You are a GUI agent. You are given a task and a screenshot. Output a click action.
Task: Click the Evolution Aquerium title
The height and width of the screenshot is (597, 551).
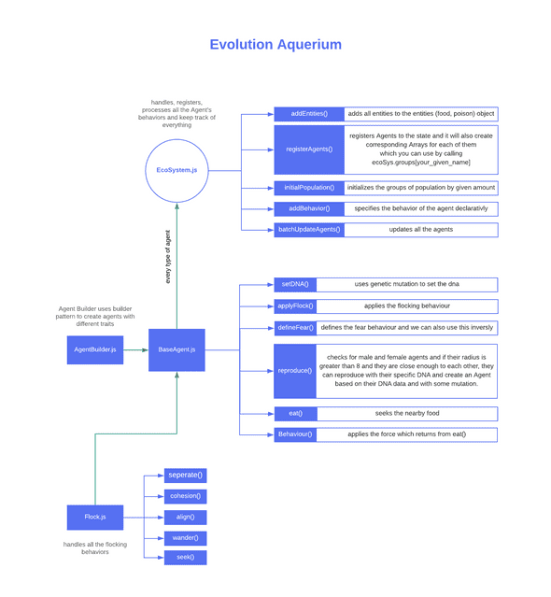click(275, 44)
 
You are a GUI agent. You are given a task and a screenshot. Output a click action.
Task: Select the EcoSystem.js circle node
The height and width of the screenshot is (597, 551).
click(177, 170)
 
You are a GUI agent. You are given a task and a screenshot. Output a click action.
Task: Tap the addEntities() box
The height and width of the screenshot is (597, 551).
click(308, 114)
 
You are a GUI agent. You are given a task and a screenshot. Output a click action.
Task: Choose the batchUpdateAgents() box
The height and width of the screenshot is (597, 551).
click(308, 229)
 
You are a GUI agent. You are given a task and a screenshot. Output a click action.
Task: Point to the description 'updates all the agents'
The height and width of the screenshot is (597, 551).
click(421, 229)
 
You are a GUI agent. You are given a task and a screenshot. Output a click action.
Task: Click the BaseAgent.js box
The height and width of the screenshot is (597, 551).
click(177, 349)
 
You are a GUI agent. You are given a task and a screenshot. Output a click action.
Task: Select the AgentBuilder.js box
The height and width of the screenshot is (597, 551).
click(94, 349)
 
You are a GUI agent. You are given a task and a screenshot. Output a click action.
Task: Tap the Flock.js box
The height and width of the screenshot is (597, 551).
click(94, 517)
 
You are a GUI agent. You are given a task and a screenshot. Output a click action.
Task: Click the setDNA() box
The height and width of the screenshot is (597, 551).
click(295, 284)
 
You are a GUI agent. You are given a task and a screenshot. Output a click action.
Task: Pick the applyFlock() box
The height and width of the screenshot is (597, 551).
click(295, 306)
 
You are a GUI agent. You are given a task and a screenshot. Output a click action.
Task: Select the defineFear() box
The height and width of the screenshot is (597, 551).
click(295, 328)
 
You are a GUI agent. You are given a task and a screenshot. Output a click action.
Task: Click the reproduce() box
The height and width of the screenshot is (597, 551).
click(295, 371)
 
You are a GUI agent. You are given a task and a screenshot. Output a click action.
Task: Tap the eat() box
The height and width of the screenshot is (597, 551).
click(295, 413)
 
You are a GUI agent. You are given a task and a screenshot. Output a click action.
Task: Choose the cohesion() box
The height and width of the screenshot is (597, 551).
click(185, 496)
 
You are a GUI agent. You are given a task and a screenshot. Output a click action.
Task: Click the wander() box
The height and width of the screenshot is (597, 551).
click(185, 537)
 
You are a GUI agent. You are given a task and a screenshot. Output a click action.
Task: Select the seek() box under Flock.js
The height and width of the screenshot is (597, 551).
click(185, 558)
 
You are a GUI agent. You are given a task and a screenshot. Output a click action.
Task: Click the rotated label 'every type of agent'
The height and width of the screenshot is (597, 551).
click(168, 256)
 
